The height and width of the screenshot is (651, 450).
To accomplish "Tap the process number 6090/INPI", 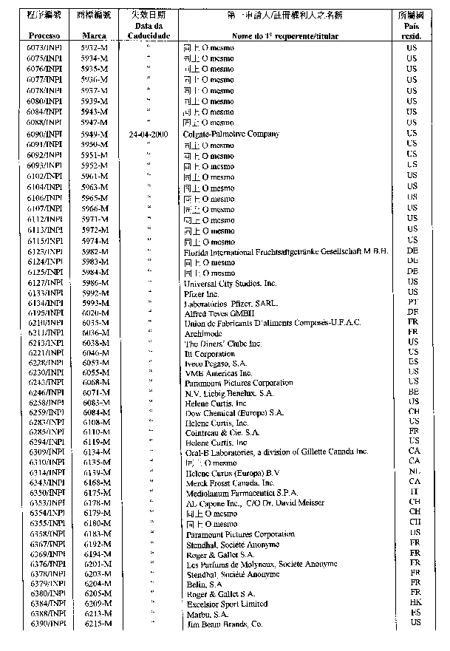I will pos(50,134).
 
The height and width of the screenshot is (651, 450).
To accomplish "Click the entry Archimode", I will pos(202,334).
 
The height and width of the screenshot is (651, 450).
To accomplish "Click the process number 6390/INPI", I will pos(50,624).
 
